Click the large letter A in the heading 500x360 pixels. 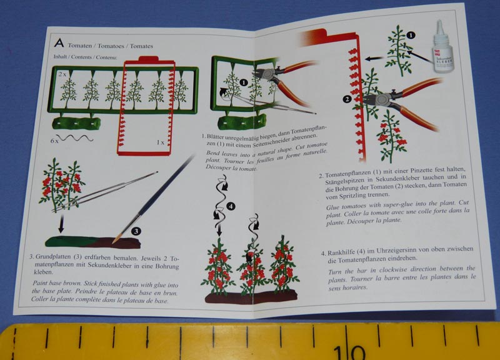[59, 43]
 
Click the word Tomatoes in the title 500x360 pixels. [111, 46]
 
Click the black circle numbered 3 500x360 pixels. [136, 231]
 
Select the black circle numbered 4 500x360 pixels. [231, 206]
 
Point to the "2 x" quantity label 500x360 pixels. [62, 74]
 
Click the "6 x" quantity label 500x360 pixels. [54, 140]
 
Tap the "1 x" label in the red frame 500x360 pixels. [161, 142]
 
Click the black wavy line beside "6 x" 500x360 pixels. [76, 138]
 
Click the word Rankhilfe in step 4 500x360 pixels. [341, 252]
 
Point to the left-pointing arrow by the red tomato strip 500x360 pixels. [374, 58]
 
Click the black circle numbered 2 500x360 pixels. [347, 99]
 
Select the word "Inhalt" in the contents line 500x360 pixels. [60, 57]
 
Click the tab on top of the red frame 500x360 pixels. [149, 59]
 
